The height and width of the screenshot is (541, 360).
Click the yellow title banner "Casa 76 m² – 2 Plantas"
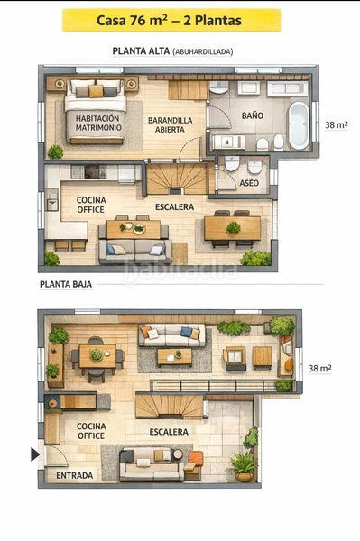tap(171, 21)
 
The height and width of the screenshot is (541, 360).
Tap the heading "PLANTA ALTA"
tap(141, 51)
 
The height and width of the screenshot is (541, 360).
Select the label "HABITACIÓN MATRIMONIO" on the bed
tap(98, 123)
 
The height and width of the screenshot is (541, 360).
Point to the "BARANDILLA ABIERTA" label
tap(170, 125)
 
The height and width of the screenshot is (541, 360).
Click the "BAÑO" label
tap(253, 115)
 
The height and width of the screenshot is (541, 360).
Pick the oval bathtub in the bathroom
tap(299, 125)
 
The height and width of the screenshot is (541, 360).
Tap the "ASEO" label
tap(249, 182)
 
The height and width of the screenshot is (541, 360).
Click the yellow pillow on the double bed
tap(96, 91)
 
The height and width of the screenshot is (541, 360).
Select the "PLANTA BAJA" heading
tap(66, 285)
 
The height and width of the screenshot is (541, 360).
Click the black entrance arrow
tap(35, 454)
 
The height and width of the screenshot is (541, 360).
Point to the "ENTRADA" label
tap(75, 475)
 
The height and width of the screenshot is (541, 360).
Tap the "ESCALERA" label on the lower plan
tap(169, 432)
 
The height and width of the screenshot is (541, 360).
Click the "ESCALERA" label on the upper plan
tap(174, 207)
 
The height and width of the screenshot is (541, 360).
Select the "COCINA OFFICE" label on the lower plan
tap(91, 431)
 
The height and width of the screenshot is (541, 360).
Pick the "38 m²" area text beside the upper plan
tap(337, 125)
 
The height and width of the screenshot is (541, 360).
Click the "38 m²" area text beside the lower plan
tap(319, 368)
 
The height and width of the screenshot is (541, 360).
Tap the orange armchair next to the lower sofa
tap(196, 460)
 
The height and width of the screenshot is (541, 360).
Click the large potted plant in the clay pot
tap(244, 467)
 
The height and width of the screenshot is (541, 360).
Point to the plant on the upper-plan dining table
tap(234, 228)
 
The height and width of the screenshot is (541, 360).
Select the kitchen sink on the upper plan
tap(52, 201)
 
